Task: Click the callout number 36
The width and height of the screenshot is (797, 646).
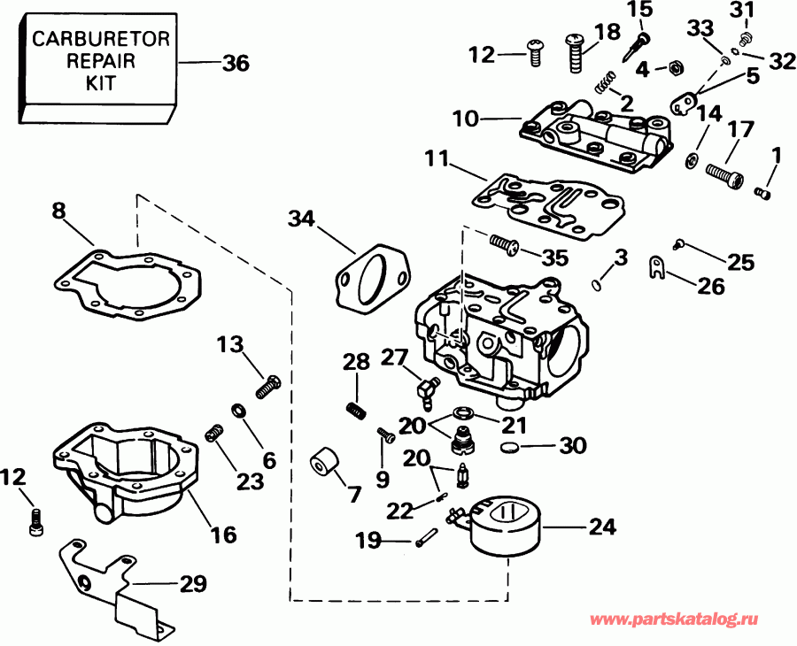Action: tap(236, 64)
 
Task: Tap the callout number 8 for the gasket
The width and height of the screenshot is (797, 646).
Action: tap(58, 211)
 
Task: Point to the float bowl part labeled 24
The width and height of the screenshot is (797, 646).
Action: tap(502, 526)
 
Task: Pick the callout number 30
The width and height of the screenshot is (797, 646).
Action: tap(573, 446)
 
